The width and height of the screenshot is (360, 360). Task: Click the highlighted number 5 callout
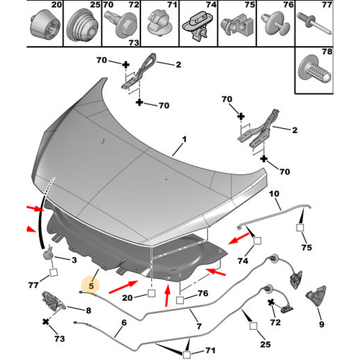click(x=91, y=286)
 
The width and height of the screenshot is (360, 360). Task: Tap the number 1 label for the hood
click(x=184, y=139)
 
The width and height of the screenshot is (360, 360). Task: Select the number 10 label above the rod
click(x=274, y=194)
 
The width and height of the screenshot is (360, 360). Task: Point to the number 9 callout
click(x=322, y=325)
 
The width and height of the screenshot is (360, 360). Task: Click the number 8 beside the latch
click(x=89, y=310)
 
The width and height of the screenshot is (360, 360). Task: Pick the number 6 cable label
click(x=124, y=323)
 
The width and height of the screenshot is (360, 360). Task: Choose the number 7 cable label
click(x=199, y=326)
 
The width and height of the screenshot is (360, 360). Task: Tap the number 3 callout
click(x=74, y=260)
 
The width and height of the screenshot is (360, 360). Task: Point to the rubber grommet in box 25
click(x=82, y=25)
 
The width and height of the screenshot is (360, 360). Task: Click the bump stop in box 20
click(x=45, y=25)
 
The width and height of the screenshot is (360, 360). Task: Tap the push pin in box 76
click(x=275, y=24)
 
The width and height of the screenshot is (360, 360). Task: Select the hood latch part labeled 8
click(x=53, y=302)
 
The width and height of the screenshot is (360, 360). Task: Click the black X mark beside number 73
click(x=45, y=322)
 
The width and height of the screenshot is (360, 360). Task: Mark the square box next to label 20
click(x=151, y=293)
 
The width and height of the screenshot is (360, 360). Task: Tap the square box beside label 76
click(x=180, y=300)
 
